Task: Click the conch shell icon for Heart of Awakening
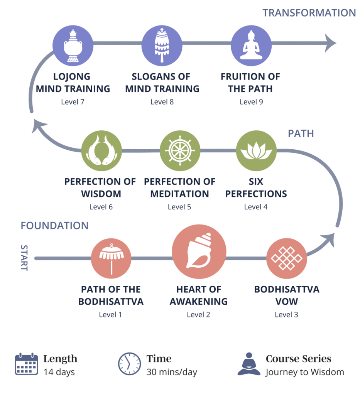tap(199, 253)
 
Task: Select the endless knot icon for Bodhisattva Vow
tap(286, 258)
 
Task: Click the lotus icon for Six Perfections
tap(256, 150)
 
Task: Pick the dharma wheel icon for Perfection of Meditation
tap(180, 150)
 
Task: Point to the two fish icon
tap(101, 151)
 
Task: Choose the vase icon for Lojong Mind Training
tap(73, 44)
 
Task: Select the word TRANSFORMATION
tap(309, 13)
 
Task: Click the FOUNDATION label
tap(54, 226)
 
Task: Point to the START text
tap(24, 258)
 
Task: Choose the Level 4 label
tap(256, 207)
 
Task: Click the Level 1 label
tap(110, 314)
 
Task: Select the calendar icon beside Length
tap(26, 364)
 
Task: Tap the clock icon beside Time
tap(129, 364)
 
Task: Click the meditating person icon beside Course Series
tap(249, 364)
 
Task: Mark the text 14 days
tap(59, 372)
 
